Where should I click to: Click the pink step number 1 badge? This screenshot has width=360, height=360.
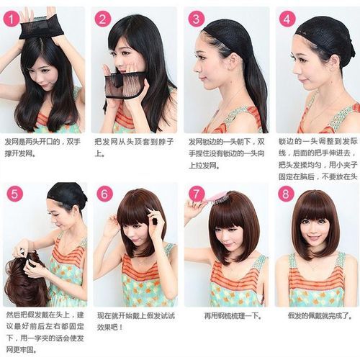(x=11, y=19)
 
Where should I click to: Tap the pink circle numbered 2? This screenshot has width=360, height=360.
(x=103, y=19)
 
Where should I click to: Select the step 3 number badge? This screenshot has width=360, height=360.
(x=196, y=19)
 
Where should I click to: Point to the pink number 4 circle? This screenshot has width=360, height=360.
(x=287, y=19)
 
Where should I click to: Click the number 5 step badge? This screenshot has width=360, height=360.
(x=14, y=194)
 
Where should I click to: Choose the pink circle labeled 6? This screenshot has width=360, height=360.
(x=104, y=194)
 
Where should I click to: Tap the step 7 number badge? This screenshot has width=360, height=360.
(x=197, y=194)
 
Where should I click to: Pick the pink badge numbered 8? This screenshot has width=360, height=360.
(x=286, y=194)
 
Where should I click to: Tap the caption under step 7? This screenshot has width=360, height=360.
(x=233, y=316)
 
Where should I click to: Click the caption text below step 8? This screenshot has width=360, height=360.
(x=320, y=316)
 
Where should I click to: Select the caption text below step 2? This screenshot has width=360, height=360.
(x=134, y=148)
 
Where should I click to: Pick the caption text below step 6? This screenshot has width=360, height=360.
(x=136, y=322)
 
